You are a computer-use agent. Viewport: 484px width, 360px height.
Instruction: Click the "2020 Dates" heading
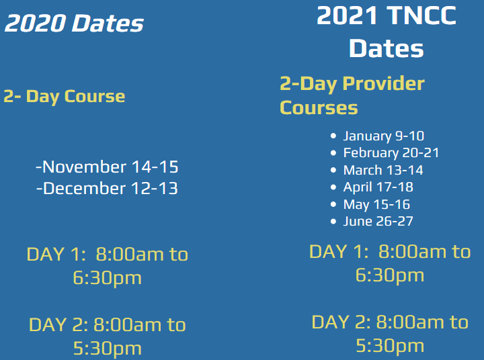[x=74, y=23]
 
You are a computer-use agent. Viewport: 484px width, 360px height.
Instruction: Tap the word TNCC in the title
[x=421, y=15]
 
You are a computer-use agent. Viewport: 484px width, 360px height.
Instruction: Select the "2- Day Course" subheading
[x=65, y=97]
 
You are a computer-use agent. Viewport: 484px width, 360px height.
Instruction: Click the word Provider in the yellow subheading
[x=384, y=83]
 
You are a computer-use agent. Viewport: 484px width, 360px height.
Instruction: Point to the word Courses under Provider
[x=319, y=107]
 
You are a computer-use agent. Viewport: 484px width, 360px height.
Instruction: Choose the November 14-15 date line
[x=107, y=167]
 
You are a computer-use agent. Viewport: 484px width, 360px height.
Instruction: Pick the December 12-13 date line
[x=107, y=188]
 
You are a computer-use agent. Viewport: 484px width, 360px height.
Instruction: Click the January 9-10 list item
[x=384, y=136]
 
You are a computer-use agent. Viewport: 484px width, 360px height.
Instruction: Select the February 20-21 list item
[x=391, y=152]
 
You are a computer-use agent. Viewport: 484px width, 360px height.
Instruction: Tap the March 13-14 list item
[x=383, y=170]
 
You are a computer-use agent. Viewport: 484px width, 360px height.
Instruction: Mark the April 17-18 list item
[x=378, y=187]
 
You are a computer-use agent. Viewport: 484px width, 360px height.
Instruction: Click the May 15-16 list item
[x=376, y=204]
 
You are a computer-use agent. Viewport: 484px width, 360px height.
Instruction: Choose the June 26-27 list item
[x=378, y=221]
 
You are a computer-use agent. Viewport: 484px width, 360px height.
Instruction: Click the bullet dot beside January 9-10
[x=333, y=136]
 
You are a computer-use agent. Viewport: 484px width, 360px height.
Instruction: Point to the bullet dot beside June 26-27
[x=333, y=221]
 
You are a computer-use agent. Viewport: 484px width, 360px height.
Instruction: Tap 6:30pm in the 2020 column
[x=107, y=278]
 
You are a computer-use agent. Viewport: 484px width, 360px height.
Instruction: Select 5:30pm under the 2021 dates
[x=390, y=345]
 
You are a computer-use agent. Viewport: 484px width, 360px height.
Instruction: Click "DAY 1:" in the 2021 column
[x=339, y=251]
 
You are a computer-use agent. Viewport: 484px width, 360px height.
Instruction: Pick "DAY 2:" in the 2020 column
[x=58, y=325]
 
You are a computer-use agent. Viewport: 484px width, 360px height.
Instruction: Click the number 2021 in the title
[x=347, y=15]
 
